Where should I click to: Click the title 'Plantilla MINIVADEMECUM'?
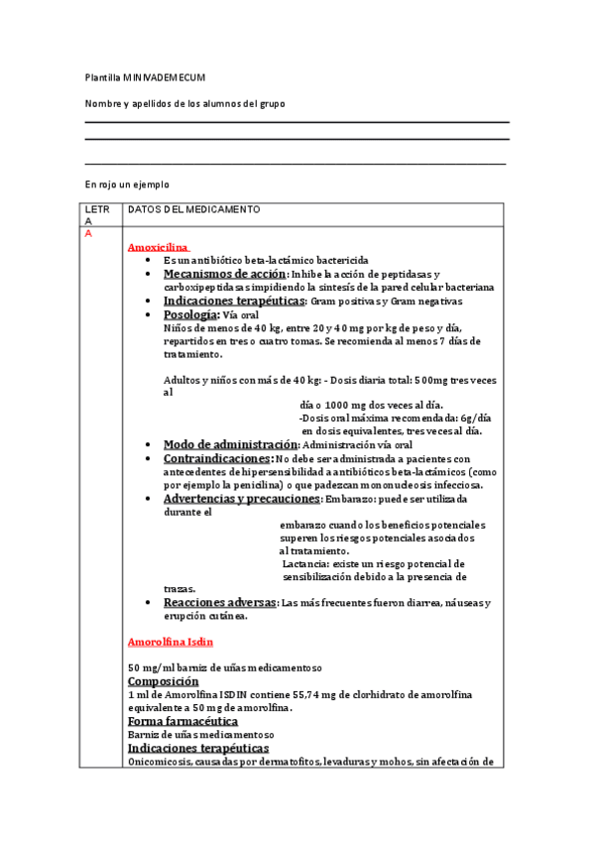[145, 76]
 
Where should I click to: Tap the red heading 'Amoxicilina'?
[159, 247]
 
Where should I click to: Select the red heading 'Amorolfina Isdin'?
[171, 643]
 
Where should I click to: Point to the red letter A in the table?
[89, 234]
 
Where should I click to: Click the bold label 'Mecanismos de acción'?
[224, 274]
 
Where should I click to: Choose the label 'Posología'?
[191, 314]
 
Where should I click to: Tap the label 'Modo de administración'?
[230, 444]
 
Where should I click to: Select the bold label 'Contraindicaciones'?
[217, 459]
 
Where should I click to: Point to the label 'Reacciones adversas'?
[219, 602]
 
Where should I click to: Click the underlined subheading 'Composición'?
[170, 681]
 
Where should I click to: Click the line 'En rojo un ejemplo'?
[127, 184]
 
